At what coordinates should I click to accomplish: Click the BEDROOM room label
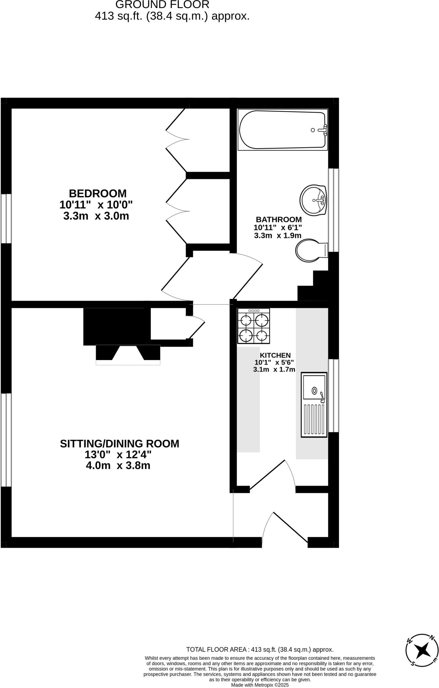click(x=97, y=193)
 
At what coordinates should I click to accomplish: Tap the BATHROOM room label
click(x=279, y=220)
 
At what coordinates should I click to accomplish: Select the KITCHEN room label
click(x=275, y=355)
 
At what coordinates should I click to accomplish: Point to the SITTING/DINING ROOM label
click(x=119, y=444)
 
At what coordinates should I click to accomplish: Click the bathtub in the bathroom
click(x=282, y=130)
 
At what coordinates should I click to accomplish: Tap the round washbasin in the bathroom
click(x=313, y=200)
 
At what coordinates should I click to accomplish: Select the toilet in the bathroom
click(x=311, y=250)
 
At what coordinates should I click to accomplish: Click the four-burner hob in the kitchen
click(x=253, y=326)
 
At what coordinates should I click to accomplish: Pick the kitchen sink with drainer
click(x=314, y=404)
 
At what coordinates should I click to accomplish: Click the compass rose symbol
click(x=422, y=651)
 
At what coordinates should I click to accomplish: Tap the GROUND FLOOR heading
click(x=162, y=5)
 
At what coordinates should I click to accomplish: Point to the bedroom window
click(x=6, y=218)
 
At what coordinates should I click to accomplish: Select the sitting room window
click(x=6, y=440)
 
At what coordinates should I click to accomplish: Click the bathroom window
click(x=333, y=210)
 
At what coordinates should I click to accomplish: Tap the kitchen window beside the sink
click(x=333, y=395)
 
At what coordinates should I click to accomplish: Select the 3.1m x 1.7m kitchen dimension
click(x=274, y=370)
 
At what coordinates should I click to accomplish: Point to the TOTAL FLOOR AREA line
click(x=260, y=650)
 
